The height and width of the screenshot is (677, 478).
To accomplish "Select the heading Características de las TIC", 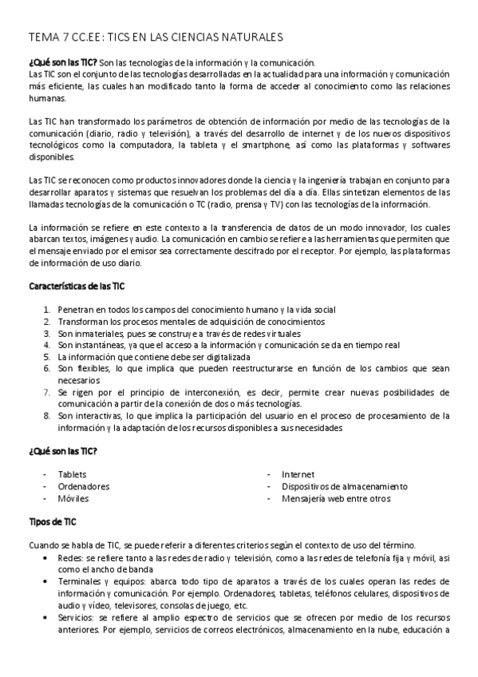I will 77,285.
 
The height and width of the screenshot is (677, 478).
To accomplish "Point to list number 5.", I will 48,357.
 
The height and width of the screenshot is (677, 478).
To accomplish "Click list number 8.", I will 48,416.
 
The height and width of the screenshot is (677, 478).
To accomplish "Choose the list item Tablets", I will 73,474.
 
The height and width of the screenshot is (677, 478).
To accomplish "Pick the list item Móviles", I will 73,498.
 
